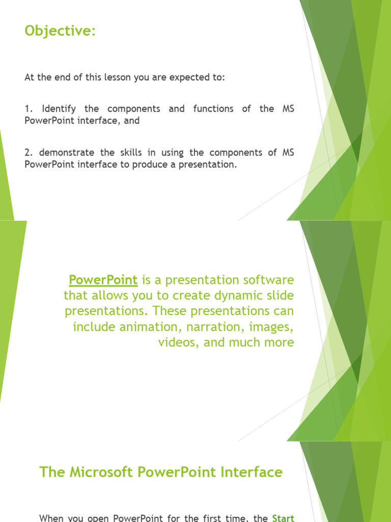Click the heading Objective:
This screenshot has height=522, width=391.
tap(60, 32)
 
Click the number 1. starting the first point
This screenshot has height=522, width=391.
tap(29, 109)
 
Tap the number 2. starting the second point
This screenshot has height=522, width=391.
tap(29, 152)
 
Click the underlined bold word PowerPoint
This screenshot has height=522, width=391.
tap(103, 280)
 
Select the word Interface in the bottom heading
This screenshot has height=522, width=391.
tap(253, 472)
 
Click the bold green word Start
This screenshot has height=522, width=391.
tap(283, 518)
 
